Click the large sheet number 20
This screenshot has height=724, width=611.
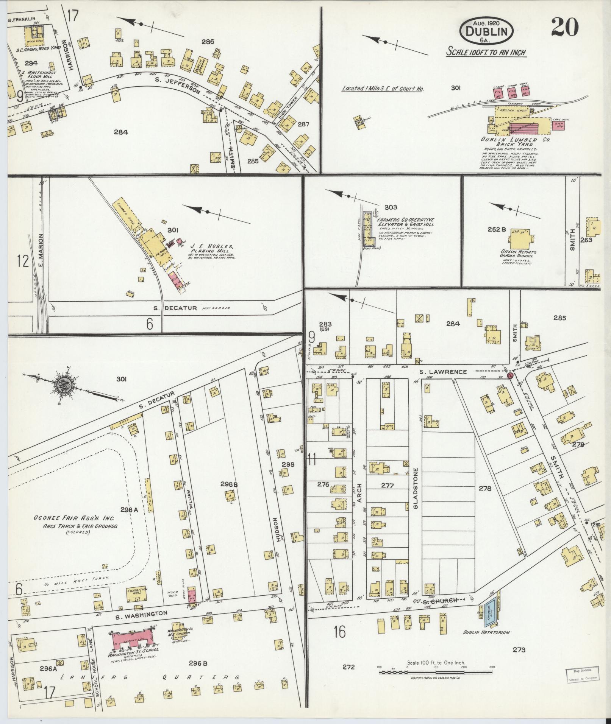(564, 27)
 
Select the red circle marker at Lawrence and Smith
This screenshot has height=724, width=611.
(510, 376)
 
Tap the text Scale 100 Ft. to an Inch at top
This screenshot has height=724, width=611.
(486, 52)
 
